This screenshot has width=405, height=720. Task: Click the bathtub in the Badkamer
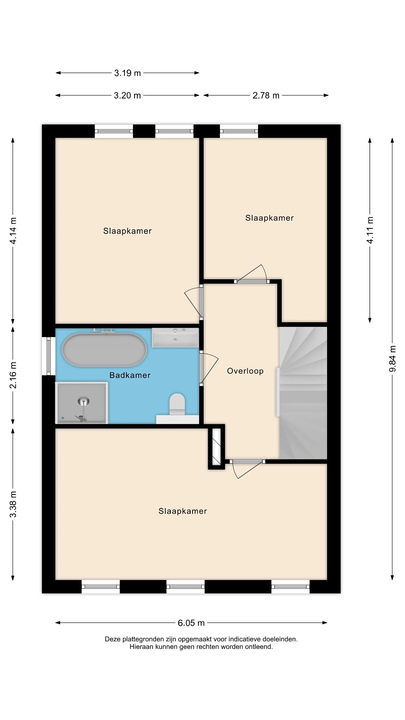[x=104, y=350]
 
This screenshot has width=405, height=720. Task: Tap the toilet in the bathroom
[x=177, y=405]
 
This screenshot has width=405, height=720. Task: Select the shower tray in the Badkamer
[x=82, y=403]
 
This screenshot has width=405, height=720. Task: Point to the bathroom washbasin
[x=175, y=338]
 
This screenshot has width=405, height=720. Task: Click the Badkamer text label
[x=130, y=375]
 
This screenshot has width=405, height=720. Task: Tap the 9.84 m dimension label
[x=393, y=359]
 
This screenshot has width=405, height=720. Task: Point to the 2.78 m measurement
[x=266, y=95]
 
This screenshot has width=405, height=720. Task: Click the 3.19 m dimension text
[x=127, y=73]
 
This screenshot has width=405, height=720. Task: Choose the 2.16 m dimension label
[x=13, y=375]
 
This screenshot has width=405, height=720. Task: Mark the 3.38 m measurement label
[x=13, y=504]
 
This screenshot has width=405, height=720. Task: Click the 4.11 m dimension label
[x=370, y=230]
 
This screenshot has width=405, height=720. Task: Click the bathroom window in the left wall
[x=49, y=356]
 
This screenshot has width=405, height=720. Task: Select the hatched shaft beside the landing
[x=217, y=447]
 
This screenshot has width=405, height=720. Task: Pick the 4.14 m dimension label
[x=13, y=231]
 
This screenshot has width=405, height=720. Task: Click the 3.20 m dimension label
[x=127, y=95]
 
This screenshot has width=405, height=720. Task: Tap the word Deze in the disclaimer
[x=113, y=639]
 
